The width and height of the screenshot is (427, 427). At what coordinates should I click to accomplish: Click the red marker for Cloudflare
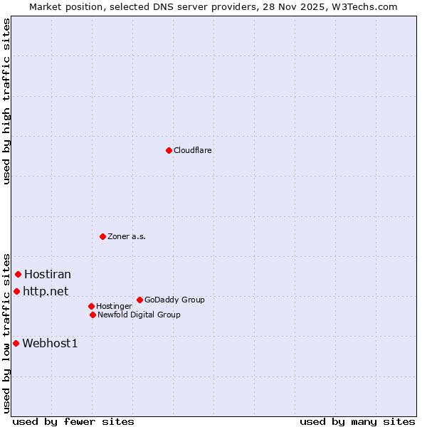point(169,150)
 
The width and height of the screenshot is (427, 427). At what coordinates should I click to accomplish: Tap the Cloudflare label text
point(193,151)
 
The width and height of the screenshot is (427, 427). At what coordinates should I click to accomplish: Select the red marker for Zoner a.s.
point(102,236)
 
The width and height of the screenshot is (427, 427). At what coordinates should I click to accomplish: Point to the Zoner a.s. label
point(127,237)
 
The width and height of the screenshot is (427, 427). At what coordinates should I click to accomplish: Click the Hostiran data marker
point(18,274)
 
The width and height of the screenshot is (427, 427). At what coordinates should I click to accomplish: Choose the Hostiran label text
point(48,275)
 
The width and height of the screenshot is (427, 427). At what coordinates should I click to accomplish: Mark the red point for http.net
point(16,291)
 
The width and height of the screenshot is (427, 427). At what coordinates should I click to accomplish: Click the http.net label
point(46,291)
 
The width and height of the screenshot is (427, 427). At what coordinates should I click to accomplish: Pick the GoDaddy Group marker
point(139,300)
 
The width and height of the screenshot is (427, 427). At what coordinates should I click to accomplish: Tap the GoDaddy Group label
point(174,300)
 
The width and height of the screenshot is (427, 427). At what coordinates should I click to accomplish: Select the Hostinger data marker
point(91,306)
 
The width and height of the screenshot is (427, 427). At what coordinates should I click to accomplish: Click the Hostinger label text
point(114,307)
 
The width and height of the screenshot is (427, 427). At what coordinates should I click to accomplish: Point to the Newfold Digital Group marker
point(93,315)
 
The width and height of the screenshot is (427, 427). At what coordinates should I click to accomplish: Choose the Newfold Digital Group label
point(139,315)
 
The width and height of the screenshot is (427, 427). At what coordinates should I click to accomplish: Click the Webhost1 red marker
point(16,343)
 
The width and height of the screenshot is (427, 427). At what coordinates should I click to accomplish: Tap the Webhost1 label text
point(50,344)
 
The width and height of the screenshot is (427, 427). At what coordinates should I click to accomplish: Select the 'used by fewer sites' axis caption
point(73,421)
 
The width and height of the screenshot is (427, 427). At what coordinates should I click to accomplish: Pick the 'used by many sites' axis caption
point(357,421)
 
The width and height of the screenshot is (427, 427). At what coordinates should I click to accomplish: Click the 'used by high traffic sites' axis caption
point(6,101)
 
